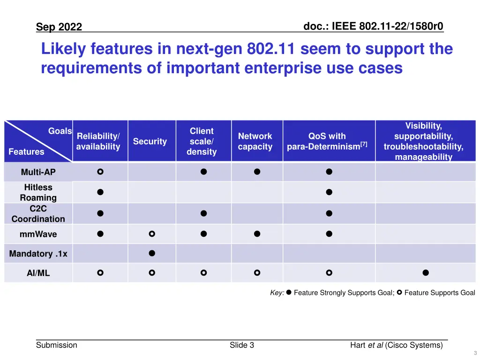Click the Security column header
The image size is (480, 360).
coord(150,142)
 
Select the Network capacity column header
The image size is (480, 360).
coord(255,142)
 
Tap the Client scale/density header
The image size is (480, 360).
coord(202,142)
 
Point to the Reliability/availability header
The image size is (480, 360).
coord(98,142)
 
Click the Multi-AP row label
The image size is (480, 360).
coord(38,172)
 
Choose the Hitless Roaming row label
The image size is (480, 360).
coord(38,192)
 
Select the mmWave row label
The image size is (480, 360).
coord(38,234)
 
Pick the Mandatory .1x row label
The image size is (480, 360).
coord(38,254)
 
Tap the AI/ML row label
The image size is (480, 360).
coord(38,273)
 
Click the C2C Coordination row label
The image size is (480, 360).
coord(38,214)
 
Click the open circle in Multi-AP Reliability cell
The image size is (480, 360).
coord(100,172)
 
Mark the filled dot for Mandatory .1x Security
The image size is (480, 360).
coord(152,254)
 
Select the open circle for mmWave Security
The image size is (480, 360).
coord(152,233)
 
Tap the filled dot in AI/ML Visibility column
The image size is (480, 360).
coord(425,272)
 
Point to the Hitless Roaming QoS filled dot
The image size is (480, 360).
coord(329,192)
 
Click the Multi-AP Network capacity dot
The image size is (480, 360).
coord(257,172)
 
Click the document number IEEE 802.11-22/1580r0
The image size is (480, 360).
coord(373,26)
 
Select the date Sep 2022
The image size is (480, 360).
coord(59,27)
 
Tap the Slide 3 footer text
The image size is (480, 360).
coord(242,345)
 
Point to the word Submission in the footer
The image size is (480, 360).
coord(57,345)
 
